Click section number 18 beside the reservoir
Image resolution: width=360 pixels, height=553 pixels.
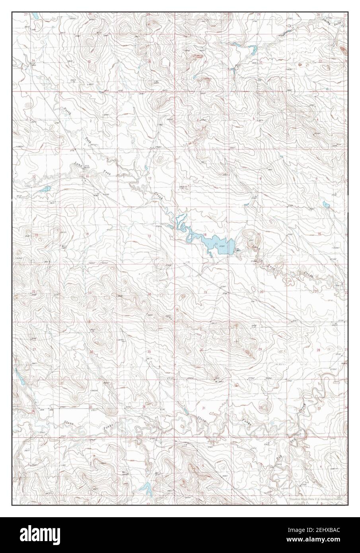coord(204,234)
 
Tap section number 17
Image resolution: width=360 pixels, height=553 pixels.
coord(259,234)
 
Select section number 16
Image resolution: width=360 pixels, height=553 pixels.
coord(319,234)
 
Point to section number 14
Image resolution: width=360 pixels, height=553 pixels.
coord(87,234)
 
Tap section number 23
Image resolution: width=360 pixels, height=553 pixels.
coord(90,293)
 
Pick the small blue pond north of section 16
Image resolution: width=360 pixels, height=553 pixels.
coord(326,205)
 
